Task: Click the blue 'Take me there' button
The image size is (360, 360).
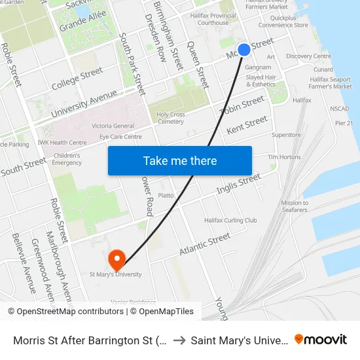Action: [180, 160]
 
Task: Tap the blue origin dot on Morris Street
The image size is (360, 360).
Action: [244, 50]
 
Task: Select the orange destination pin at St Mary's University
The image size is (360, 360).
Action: [117, 261]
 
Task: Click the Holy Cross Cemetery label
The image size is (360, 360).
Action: [171, 118]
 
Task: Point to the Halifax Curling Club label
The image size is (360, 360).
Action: [230, 221]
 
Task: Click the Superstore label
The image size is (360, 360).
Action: [286, 135]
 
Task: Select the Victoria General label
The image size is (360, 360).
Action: [113, 126]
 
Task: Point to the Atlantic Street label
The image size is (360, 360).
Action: [205, 245]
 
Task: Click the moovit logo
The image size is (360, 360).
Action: [321, 339]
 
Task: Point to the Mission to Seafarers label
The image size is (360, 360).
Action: [295, 206]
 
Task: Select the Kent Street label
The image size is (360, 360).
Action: [247, 124]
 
